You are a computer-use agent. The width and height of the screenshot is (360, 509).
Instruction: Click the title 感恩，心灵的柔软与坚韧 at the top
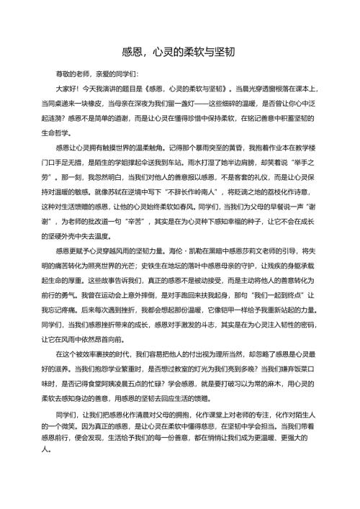(180, 51)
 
